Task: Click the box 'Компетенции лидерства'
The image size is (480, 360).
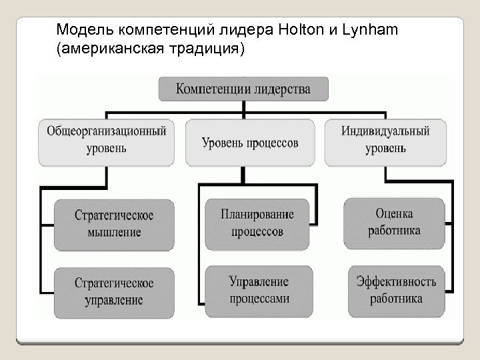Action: (243, 89)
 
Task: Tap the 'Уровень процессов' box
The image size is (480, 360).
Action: (250, 142)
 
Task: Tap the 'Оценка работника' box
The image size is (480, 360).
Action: (393, 222)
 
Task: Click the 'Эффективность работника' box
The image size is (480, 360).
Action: (395, 290)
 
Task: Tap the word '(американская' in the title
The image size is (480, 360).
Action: (101, 49)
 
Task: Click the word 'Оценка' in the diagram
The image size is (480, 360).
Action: (393, 214)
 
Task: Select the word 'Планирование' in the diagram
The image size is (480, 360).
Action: (257, 215)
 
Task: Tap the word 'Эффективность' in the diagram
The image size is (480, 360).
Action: (395, 281)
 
